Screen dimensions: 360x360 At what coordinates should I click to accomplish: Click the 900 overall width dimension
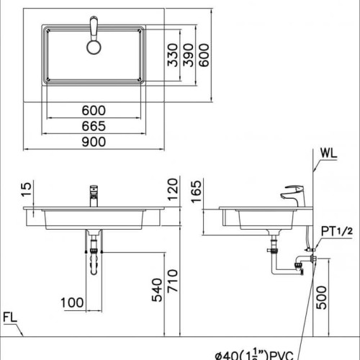(94, 141)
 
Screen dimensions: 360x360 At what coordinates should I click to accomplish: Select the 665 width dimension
(94, 125)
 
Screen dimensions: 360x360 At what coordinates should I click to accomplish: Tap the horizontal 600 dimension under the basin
(94, 110)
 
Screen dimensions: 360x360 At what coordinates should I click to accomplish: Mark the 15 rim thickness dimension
(27, 189)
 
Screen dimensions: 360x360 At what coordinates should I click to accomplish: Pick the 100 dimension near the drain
(71, 303)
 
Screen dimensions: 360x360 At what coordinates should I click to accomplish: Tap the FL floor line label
(10, 317)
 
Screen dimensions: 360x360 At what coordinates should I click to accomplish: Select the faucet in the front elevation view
(94, 194)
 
